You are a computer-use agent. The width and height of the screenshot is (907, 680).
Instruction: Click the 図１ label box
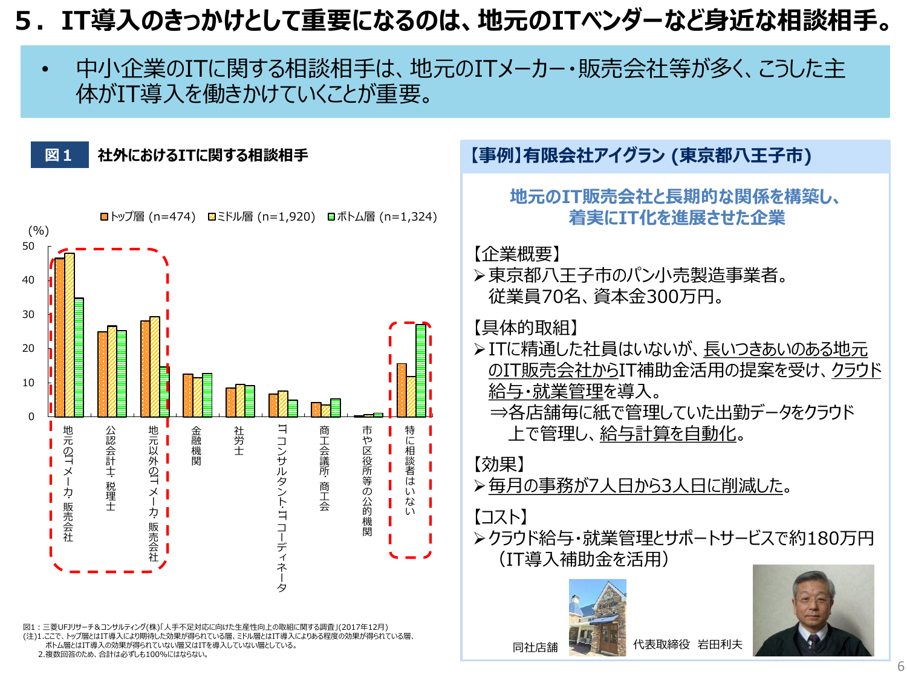coord(59,155)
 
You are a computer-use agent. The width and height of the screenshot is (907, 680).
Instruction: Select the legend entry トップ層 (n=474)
coord(148,216)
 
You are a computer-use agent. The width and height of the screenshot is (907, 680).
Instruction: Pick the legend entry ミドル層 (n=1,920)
coord(262,216)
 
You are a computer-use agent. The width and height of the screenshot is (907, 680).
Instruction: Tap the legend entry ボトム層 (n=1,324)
coord(382,216)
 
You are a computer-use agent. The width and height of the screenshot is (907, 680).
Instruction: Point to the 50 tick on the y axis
coord(28,246)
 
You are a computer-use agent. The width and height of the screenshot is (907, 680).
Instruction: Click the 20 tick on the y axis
coord(28,348)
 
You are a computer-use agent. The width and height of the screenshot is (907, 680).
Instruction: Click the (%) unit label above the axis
coord(39,230)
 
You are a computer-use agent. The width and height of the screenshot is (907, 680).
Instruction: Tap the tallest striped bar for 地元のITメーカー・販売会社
coord(70,335)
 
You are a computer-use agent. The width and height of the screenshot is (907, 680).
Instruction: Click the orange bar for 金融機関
coord(188,395)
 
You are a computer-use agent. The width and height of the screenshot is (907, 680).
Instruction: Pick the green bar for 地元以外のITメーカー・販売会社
coord(164,392)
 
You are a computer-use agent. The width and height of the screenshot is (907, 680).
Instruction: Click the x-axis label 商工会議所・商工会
coord(324,468)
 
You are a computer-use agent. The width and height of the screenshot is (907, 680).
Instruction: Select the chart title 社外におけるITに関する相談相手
coord(203,155)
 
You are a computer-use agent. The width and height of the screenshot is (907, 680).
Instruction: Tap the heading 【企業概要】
coord(517,254)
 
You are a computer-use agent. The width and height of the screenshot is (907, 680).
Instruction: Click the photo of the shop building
coord(597,617)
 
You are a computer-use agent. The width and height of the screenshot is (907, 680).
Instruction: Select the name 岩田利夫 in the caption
coord(720,644)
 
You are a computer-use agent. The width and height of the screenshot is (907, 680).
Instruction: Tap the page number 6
coord(900,666)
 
